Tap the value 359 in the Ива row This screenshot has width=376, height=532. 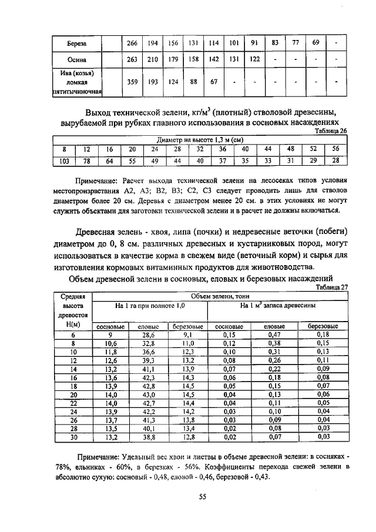click(132, 82)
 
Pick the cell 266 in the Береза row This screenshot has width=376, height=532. click(132, 44)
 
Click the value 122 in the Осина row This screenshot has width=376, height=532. click(256, 59)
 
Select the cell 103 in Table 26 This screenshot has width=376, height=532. click(64, 160)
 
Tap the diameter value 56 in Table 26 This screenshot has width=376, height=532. click(335, 149)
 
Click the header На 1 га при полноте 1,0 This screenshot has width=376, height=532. click(150, 307)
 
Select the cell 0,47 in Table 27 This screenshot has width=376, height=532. click(274, 334)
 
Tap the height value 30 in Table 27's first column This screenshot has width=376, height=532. click(74, 437)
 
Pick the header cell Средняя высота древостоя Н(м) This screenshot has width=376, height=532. click(74, 310)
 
